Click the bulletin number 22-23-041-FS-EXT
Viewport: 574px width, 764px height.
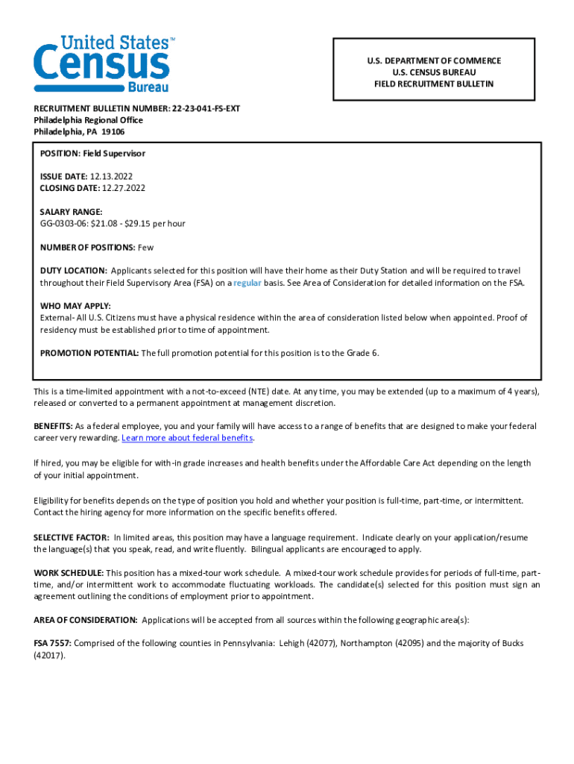coord(206,108)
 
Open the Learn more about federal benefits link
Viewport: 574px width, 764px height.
coord(187,438)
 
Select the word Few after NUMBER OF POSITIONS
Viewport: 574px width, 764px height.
coord(145,247)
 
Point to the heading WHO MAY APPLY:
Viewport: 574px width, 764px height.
coord(75,306)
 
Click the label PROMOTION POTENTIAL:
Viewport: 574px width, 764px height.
coord(89,353)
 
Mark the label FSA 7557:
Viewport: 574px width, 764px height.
coord(52,643)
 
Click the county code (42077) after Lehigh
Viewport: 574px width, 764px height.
coord(321,643)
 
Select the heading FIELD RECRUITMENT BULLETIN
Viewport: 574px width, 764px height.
coord(434,84)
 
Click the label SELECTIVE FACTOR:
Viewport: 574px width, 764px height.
coord(72,537)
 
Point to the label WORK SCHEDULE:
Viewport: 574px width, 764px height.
coord(69,573)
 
